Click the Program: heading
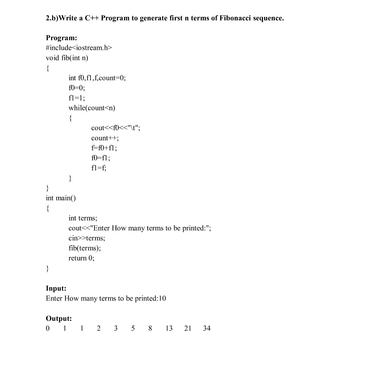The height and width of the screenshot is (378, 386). click(61, 38)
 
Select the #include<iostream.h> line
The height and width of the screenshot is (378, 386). click(79, 48)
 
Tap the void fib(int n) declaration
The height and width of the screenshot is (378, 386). click(67, 58)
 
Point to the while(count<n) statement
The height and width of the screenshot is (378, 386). click(92, 108)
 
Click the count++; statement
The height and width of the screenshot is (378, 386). click(105, 138)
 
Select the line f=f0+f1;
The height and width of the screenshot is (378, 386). click(104, 148)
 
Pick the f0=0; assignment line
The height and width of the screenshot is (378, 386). click(77, 88)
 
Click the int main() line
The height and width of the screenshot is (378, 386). click(61, 198)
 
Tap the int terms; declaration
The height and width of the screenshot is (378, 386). click(83, 218)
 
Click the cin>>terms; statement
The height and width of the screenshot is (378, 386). click(87, 238)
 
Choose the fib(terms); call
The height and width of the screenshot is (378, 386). click(85, 248)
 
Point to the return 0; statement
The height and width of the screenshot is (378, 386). click(81, 258)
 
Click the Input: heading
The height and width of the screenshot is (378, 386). click(56, 288)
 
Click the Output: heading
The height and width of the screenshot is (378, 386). click(59, 318)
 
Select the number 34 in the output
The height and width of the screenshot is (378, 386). click(207, 328)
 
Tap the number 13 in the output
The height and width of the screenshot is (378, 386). click(169, 328)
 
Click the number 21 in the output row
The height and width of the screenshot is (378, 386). click(188, 328)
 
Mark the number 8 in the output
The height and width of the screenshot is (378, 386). click(150, 328)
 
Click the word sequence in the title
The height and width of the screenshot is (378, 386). click(268, 18)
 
